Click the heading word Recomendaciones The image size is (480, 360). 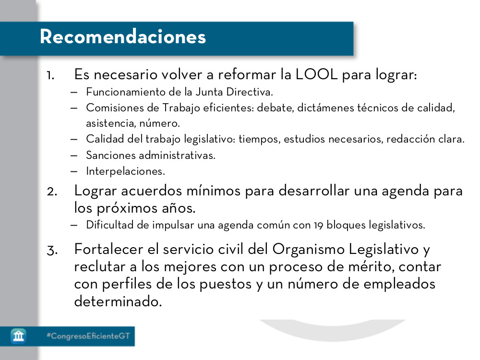point(123,37)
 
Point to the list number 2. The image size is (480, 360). point(52,191)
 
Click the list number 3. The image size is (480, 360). point(52,250)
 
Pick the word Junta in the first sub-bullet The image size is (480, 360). point(196,91)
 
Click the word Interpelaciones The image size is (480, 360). point(125,171)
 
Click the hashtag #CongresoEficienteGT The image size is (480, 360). point(88,336)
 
